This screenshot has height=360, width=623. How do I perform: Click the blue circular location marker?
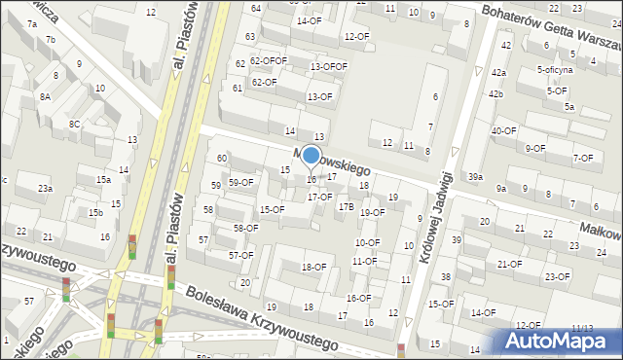coord(311,155)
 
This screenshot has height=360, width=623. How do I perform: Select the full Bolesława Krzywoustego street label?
coord(262,317)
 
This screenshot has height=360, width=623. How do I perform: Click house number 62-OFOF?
coord(268,60)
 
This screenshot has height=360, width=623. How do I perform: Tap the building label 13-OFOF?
coord(328,66)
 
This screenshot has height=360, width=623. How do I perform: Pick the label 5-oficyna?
coord(555,70)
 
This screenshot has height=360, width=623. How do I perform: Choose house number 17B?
coord(346,206)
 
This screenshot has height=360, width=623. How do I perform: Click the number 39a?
coord(475,176)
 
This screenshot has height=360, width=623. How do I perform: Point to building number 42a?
coord(498,73)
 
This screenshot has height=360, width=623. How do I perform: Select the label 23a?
coord(45,188)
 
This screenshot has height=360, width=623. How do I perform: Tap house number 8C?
coord(74,124)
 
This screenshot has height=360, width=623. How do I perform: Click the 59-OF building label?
coord(240,182)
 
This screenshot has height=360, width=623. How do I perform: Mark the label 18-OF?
coord(313,267)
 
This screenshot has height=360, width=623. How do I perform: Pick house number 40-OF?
coord(503,130)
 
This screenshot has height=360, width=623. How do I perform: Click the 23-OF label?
coord(557,276)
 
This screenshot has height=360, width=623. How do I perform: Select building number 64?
coord(255,8)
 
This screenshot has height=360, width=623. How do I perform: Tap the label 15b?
coord(95,212)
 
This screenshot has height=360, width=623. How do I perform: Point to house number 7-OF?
coord(582,158)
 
